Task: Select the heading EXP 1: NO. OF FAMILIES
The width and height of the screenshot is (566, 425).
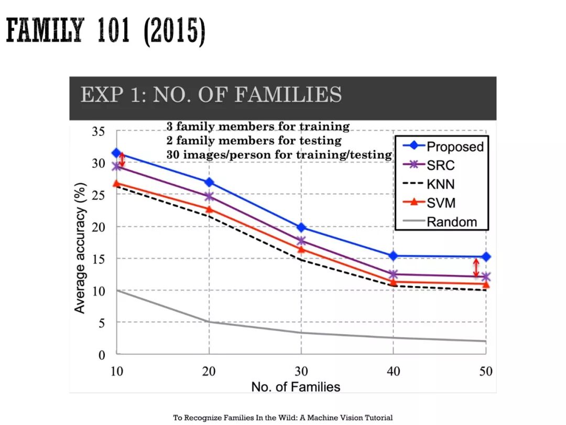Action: pos(211,95)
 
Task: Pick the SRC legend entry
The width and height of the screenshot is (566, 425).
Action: pos(441,165)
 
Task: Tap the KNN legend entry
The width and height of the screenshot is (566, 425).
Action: pos(441,184)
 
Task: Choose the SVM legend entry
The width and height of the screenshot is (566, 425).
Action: pos(441,203)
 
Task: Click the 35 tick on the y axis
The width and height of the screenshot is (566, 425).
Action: pos(99,131)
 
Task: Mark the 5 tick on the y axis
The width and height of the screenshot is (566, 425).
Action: pos(102,323)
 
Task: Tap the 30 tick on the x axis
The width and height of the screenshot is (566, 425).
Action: pos(301,371)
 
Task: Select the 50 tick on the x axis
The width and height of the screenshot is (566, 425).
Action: pos(486,371)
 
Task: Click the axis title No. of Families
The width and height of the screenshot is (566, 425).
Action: pos(296,387)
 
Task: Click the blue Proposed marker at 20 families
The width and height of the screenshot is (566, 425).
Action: pos(209,182)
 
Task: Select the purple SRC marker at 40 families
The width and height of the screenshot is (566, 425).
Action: pos(394,274)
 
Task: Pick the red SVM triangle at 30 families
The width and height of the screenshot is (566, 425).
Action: pos(301,249)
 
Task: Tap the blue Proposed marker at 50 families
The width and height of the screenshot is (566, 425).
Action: pos(486,257)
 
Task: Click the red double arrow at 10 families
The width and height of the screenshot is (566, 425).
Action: pos(122,159)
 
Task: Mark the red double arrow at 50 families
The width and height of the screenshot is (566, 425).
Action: pos(476,268)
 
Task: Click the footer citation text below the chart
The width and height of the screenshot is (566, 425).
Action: pos(283,418)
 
